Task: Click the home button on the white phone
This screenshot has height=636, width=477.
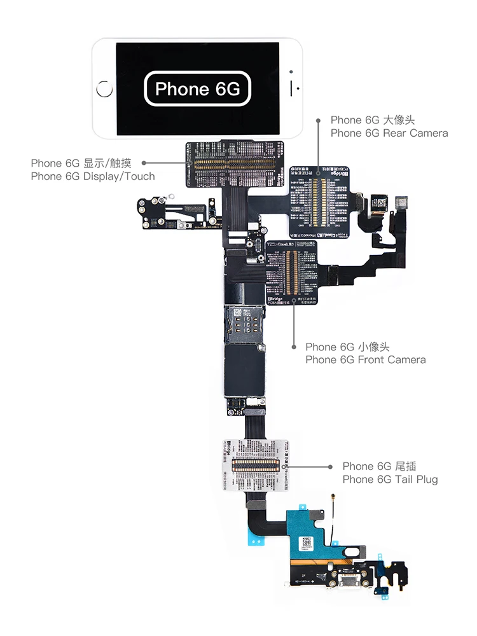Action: [x=104, y=89]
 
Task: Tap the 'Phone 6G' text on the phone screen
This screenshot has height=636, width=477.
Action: [x=198, y=89]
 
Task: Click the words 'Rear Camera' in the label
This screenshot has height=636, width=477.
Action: [x=415, y=133]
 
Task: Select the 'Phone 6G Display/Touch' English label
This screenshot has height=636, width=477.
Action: [x=93, y=176]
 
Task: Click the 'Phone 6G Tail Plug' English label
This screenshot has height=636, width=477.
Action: [x=390, y=479]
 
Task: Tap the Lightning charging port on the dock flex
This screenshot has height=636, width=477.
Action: [x=349, y=579]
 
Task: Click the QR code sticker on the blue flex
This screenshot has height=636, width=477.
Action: [x=308, y=541]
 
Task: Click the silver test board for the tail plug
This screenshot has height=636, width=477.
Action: [x=254, y=464]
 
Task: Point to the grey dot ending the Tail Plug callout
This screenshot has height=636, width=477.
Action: [x=329, y=466]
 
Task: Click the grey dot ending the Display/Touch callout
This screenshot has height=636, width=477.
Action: [x=144, y=163]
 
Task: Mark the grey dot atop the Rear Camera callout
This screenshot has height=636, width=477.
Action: [x=319, y=120]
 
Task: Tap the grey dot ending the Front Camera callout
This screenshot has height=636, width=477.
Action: [x=294, y=347]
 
